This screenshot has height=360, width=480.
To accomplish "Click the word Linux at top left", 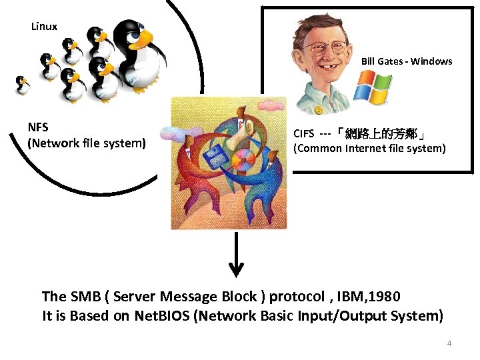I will pos(44,27).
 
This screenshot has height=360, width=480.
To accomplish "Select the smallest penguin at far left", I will pos(22,84).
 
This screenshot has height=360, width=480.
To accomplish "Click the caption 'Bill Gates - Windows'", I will pos(407,61).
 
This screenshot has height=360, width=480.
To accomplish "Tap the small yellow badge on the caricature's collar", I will pos(319,109).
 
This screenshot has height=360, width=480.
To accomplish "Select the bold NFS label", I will pos(38,127).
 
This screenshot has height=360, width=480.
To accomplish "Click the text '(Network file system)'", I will pos(86,142).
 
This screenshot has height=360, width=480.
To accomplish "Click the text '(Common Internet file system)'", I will pos(369,148).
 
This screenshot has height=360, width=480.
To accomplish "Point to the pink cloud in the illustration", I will pos(271,105).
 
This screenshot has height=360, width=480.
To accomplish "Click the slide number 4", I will pos(449,343).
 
